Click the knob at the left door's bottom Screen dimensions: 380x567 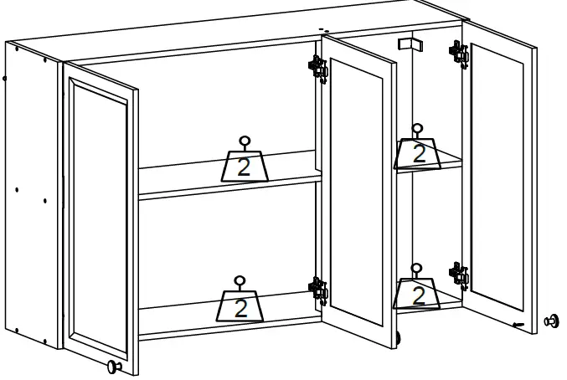point(113,366)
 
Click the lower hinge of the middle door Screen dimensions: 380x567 point(317,289)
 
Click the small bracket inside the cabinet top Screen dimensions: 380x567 point(407,44)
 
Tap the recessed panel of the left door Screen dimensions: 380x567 point(99,218)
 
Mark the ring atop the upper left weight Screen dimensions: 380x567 point(245,141)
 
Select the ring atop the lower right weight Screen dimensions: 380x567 point(416,270)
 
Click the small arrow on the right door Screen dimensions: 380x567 point(519,324)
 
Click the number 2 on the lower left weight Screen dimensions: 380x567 point(241,308)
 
